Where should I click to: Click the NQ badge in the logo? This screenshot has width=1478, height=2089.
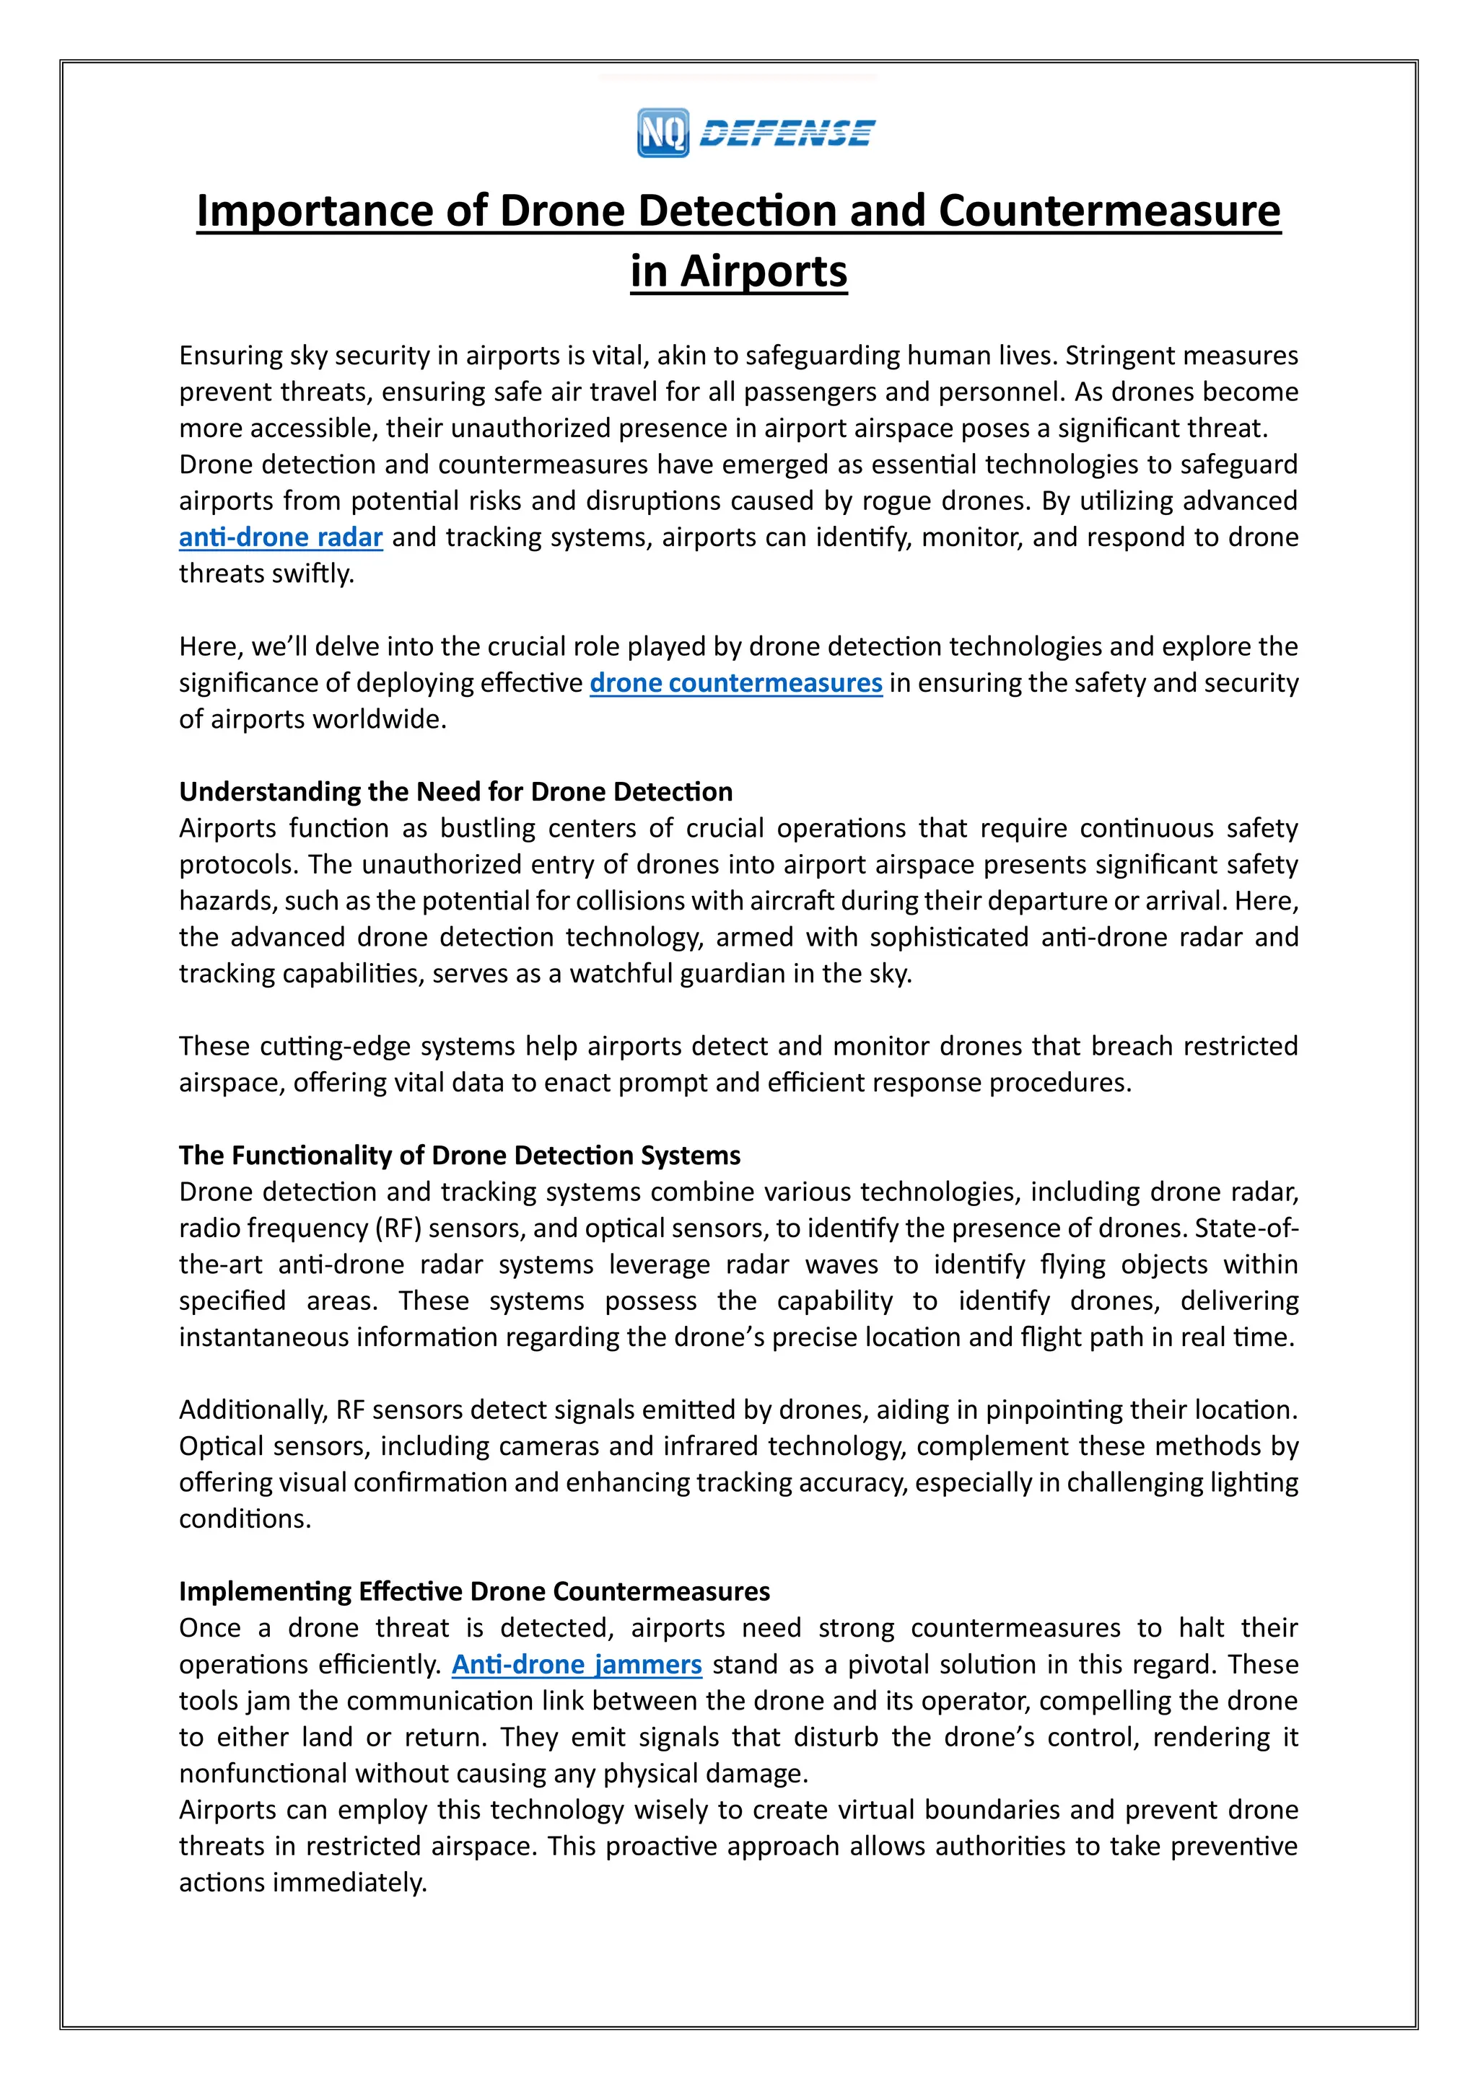(663, 133)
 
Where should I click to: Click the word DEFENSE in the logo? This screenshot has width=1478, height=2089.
(787, 133)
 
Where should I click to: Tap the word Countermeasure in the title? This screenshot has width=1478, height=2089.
(1109, 211)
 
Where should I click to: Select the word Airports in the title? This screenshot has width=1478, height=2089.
(764, 271)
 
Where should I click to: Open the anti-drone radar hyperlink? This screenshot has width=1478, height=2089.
(280, 537)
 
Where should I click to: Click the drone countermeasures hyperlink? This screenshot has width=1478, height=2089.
(735, 683)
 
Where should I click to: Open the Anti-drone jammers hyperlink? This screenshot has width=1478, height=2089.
(577, 1665)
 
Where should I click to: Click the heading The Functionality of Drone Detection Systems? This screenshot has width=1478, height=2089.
(460, 1156)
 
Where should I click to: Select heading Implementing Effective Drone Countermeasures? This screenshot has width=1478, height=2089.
(474, 1591)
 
